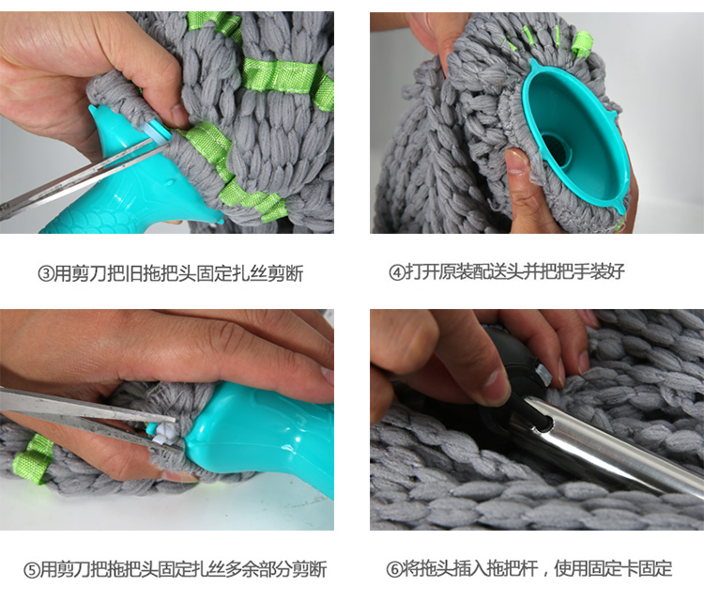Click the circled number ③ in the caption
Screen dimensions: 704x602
pyautogui.click(x=45, y=273)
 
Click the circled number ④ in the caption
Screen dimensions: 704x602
pyautogui.click(x=397, y=272)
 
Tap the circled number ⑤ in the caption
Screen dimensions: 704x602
pyautogui.click(x=32, y=570)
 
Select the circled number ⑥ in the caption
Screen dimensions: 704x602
pyautogui.click(x=394, y=569)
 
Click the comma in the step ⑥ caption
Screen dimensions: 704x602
pyautogui.click(x=545, y=574)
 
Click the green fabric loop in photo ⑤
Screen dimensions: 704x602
pyautogui.click(x=33, y=459)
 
